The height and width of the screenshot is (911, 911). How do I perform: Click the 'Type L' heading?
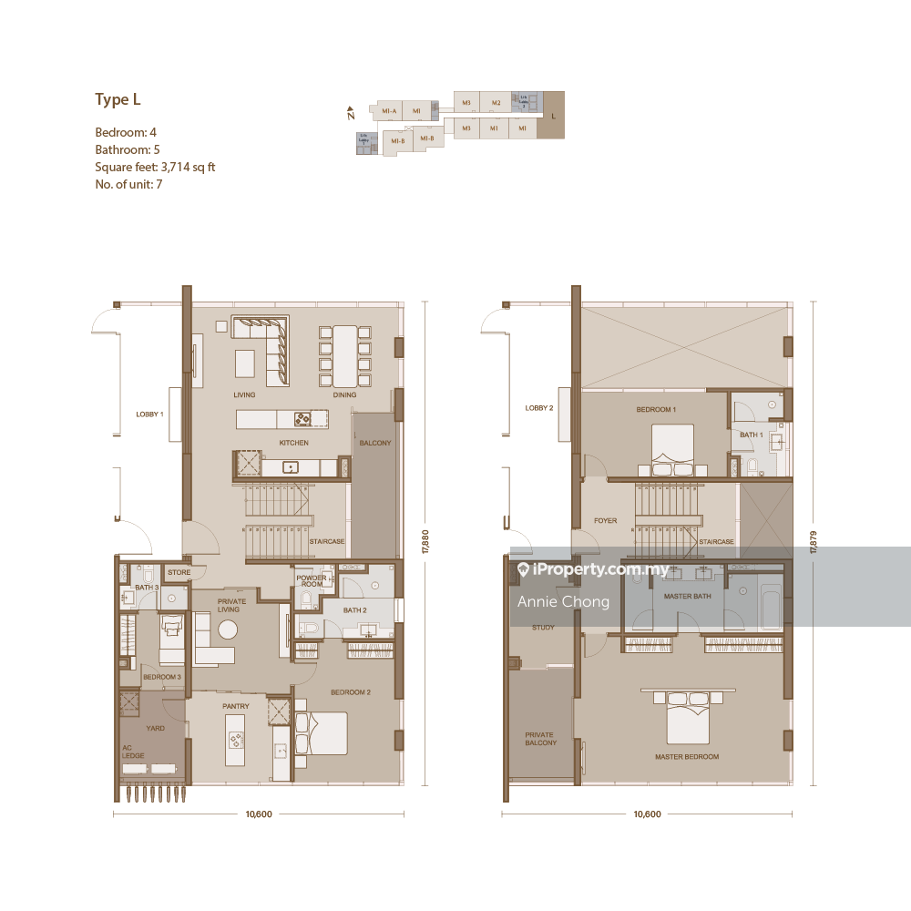click(118, 100)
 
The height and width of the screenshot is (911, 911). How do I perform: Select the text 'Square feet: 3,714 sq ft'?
click(155, 167)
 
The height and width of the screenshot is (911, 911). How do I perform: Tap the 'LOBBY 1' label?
click(149, 414)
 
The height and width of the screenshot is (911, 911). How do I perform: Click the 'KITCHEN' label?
click(294, 443)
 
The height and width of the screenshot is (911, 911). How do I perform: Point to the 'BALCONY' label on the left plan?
click(374, 443)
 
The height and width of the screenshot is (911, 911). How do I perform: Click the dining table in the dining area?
click(345, 355)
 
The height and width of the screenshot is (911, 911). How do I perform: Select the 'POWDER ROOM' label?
click(312, 581)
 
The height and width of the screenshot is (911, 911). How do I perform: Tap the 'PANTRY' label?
click(236, 706)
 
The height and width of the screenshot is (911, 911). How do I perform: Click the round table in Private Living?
click(227, 630)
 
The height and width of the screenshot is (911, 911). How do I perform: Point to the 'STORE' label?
click(179, 573)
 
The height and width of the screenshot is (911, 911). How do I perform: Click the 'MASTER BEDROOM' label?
click(687, 757)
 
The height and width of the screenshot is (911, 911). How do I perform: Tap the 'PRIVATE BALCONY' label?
click(539, 739)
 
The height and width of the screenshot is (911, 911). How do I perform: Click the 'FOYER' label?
click(605, 521)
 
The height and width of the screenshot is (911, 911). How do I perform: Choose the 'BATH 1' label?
click(751, 435)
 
